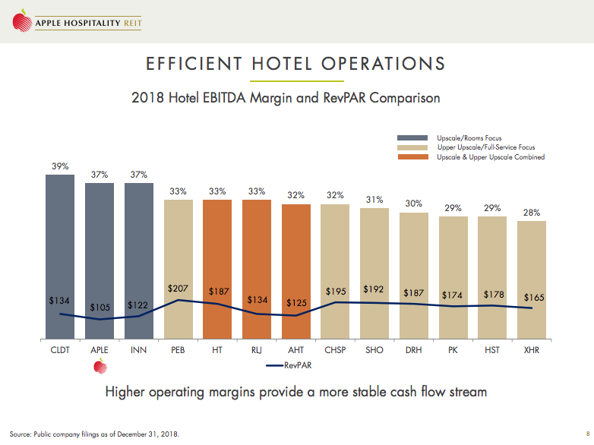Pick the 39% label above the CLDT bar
click(60, 166)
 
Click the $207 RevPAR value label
click(178, 289)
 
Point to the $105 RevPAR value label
click(100, 307)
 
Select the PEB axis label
click(178, 351)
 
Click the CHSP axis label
click(336, 351)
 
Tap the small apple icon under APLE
click(99, 367)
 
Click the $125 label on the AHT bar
click(296, 302)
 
